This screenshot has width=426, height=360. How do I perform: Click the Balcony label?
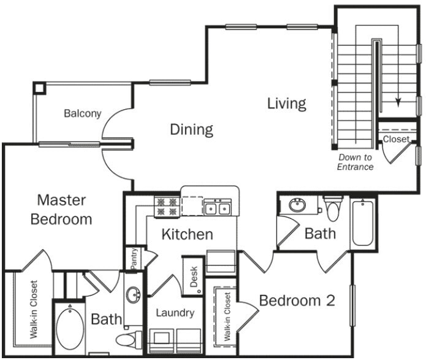click(82, 113)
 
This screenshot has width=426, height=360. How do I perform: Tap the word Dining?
click(191, 129)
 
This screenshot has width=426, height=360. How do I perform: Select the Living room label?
click(286, 103)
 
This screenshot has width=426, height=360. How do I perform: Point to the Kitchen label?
click(187, 234)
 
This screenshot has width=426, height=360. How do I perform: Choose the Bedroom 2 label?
click(297, 301)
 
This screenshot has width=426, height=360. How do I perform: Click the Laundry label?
click(175, 313)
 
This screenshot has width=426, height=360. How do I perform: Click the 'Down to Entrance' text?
click(355, 162)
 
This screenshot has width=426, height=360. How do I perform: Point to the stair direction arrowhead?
click(399, 102)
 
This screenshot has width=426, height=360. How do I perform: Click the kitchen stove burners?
click(166, 206)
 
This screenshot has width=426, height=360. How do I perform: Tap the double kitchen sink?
click(217, 208)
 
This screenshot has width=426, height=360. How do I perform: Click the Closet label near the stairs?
click(396, 139)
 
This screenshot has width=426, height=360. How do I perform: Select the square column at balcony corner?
click(39, 87)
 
